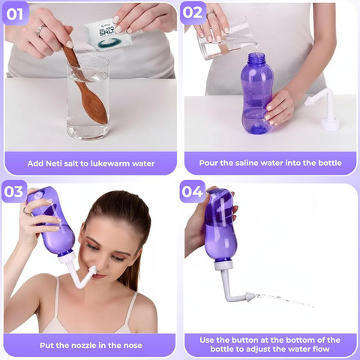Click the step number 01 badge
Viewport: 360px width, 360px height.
[15, 13]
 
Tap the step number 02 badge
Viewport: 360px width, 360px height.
[193, 13]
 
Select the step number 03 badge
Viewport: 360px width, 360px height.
[14, 191]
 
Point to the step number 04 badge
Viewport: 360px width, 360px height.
[193, 191]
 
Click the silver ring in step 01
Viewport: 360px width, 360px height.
[40, 31]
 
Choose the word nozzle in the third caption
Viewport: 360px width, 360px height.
[84, 346]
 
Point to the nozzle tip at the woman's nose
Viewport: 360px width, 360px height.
[92, 270]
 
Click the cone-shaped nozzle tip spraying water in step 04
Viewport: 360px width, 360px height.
[250, 297]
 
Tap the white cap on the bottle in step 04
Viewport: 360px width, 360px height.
[223, 265]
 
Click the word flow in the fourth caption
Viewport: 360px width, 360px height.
[321, 349]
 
